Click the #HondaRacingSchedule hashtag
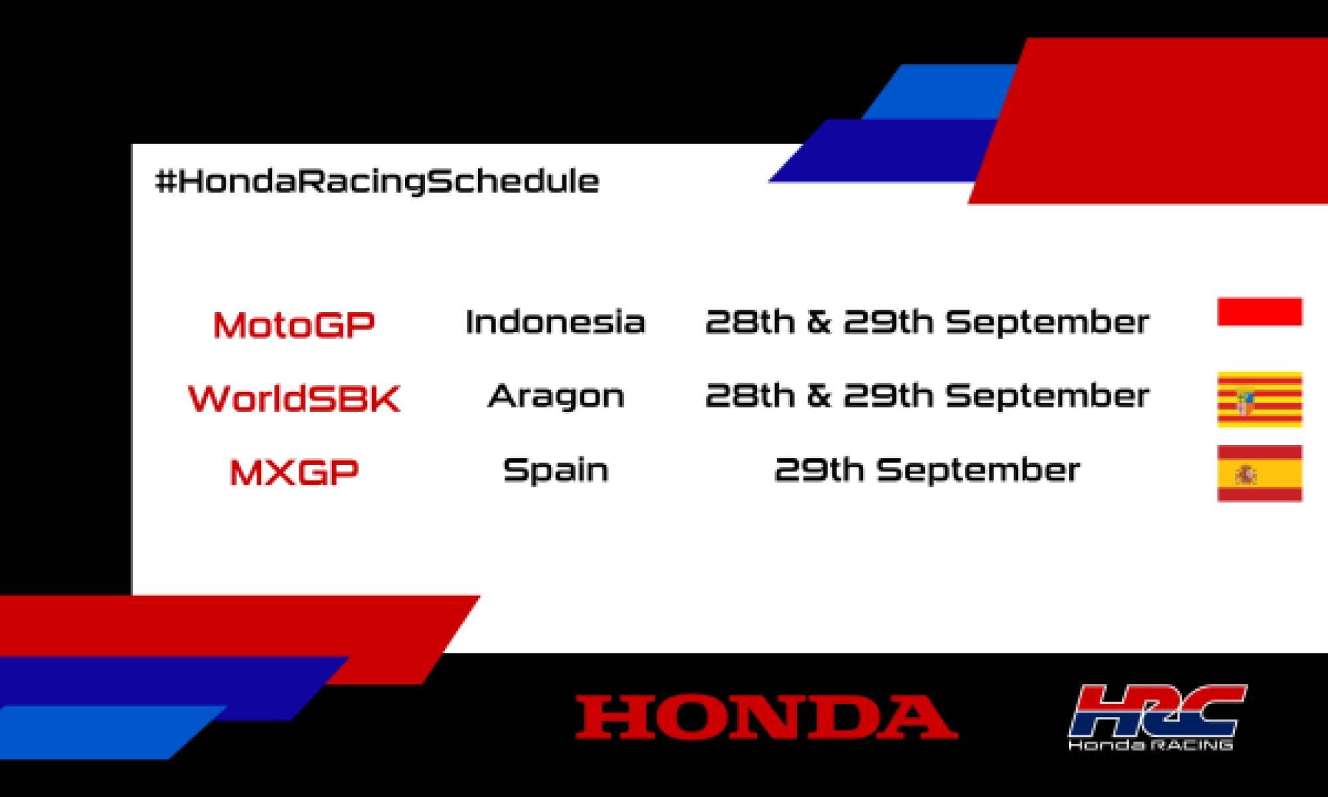[x=376, y=181]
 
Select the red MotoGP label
[x=293, y=325]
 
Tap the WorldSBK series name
[x=294, y=398]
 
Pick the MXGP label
[x=293, y=472]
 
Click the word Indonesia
[x=555, y=322]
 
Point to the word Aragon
[x=556, y=397]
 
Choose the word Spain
[x=556, y=470]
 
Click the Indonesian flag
[x=1260, y=312]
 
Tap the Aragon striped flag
[x=1260, y=399]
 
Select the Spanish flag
[x=1260, y=474]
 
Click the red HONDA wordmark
[x=766, y=717]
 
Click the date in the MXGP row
[x=927, y=470]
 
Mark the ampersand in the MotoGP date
[x=819, y=322]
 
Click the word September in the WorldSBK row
[x=1047, y=397]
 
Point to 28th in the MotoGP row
[x=749, y=322]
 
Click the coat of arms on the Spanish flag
[x=1246, y=474]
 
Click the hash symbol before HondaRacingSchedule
[x=165, y=181]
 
